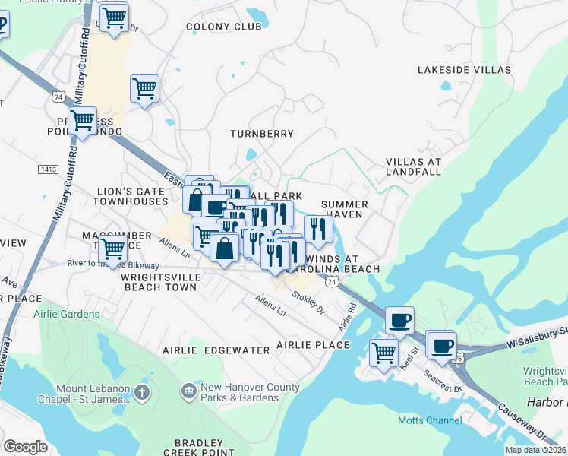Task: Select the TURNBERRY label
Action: pyautogui.click(x=262, y=134)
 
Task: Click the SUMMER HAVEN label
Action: pyautogui.click(x=344, y=210)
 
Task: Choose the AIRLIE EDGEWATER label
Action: pyautogui.click(x=216, y=350)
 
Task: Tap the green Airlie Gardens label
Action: pyautogui.click(x=66, y=314)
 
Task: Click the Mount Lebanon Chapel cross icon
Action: pyautogui.click(x=141, y=393)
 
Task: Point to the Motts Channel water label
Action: pyautogui.click(x=429, y=420)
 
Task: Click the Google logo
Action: pyautogui.click(x=25, y=447)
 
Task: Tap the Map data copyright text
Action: pyautogui.click(x=536, y=450)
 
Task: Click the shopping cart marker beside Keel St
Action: pyautogui.click(x=383, y=352)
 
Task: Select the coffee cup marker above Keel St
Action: pyautogui.click(x=399, y=320)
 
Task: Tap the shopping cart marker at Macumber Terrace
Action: pyautogui.click(x=113, y=247)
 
